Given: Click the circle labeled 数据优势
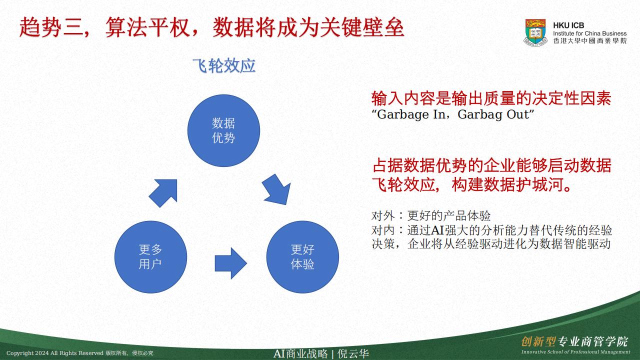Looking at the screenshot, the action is (x=223, y=130).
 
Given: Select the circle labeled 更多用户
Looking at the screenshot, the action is (x=150, y=257).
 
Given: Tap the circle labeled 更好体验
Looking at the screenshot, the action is (x=302, y=257).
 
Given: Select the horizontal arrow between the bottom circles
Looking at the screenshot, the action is (x=230, y=263).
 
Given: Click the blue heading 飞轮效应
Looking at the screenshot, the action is (x=223, y=65).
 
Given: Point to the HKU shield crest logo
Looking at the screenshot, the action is (x=535, y=32).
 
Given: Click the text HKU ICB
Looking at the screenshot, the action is (x=568, y=25).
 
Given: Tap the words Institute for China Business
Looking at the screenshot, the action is (x=589, y=33).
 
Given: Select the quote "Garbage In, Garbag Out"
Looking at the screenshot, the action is (x=452, y=114).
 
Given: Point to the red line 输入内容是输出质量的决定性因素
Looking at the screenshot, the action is (x=491, y=98).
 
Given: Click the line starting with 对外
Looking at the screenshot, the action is (x=431, y=215).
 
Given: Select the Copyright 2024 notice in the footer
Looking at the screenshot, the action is (x=79, y=353).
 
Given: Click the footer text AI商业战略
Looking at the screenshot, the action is (x=300, y=353).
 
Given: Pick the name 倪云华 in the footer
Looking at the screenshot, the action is (x=353, y=353).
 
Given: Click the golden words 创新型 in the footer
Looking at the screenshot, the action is (x=538, y=341).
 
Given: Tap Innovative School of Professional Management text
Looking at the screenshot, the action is (x=575, y=352).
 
